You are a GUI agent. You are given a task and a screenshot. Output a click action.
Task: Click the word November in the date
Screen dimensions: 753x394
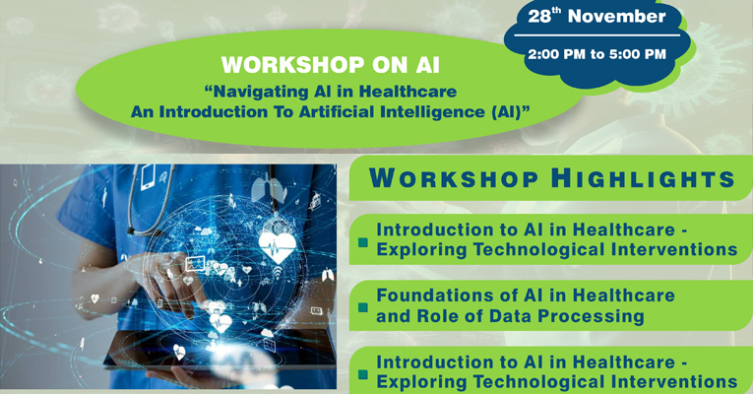pyautogui.click(x=617, y=17)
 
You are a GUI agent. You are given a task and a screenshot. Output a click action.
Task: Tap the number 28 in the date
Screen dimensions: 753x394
pyautogui.click(x=539, y=17)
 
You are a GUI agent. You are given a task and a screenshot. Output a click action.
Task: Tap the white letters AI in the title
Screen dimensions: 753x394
pyautogui.click(x=426, y=65)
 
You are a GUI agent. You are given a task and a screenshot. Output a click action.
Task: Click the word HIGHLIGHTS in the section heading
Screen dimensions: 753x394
pyautogui.click(x=643, y=178)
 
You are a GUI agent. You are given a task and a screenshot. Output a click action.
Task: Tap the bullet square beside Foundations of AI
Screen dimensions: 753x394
pyautogui.click(x=363, y=307)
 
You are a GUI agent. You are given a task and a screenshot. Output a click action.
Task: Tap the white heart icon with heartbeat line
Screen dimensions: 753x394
pyautogui.click(x=278, y=247)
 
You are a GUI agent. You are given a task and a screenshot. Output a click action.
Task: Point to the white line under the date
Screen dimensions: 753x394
pyautogui.click(x=596, y=35)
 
